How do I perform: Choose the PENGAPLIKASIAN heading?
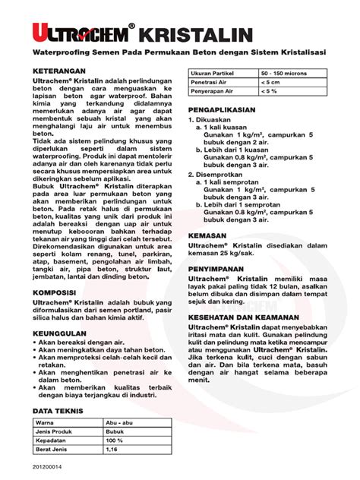click(x=228, y=109)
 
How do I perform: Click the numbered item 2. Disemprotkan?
click(x=223, y=174)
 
